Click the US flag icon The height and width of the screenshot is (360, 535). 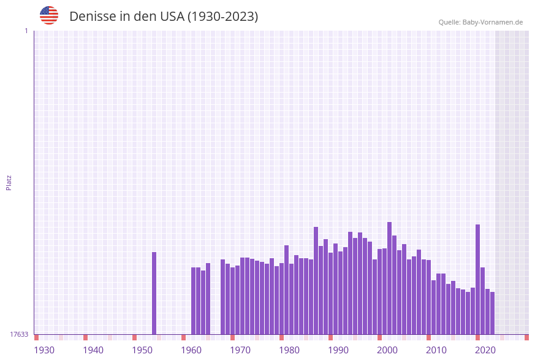tap(49, 15)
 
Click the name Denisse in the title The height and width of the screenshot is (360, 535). tap(91, 17)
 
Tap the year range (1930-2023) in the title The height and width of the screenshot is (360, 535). tap(222, 17)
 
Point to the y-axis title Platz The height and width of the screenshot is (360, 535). tap(9, 182)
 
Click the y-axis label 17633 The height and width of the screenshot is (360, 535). tap(19, 334)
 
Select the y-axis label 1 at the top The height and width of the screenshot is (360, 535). tap(26, 31)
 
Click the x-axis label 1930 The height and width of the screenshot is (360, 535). tap(44, 350)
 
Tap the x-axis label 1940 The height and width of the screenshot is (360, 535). tap(93, 350)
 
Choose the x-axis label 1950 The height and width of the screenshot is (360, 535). tap(142, 350)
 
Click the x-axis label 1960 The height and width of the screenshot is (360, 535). tap(191, 350)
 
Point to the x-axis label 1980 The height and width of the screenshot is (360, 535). tap(289, 350)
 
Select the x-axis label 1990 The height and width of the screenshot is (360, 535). tap(338, 350)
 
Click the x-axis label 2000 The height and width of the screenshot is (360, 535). tap(387, 350)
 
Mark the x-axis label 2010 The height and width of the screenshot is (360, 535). tap(436, 350)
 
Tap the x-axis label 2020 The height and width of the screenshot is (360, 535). tap(485, 350)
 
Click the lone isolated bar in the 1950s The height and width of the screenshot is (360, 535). tap(154, 293)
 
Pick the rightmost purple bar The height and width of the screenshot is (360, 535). tap(492, 313)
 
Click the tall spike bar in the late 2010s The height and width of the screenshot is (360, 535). tap(478, 279)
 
